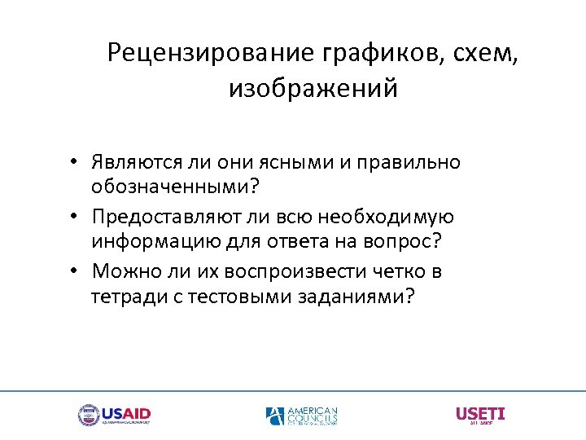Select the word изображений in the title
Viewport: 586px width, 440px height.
coord(313,88)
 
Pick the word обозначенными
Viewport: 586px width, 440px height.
coord(170,188)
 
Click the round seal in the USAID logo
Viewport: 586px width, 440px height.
coord(87,416)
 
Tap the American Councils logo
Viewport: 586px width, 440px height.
coord(301,416)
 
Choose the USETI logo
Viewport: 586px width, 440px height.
coord(479,415)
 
